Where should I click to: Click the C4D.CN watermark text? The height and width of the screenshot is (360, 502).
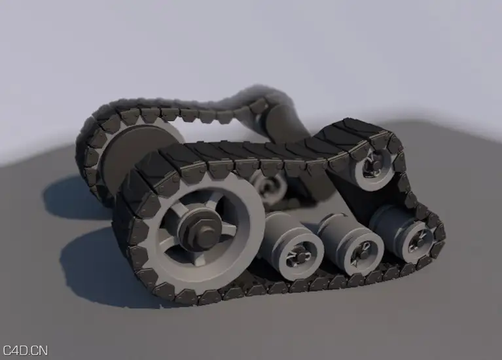coord(26,350)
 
